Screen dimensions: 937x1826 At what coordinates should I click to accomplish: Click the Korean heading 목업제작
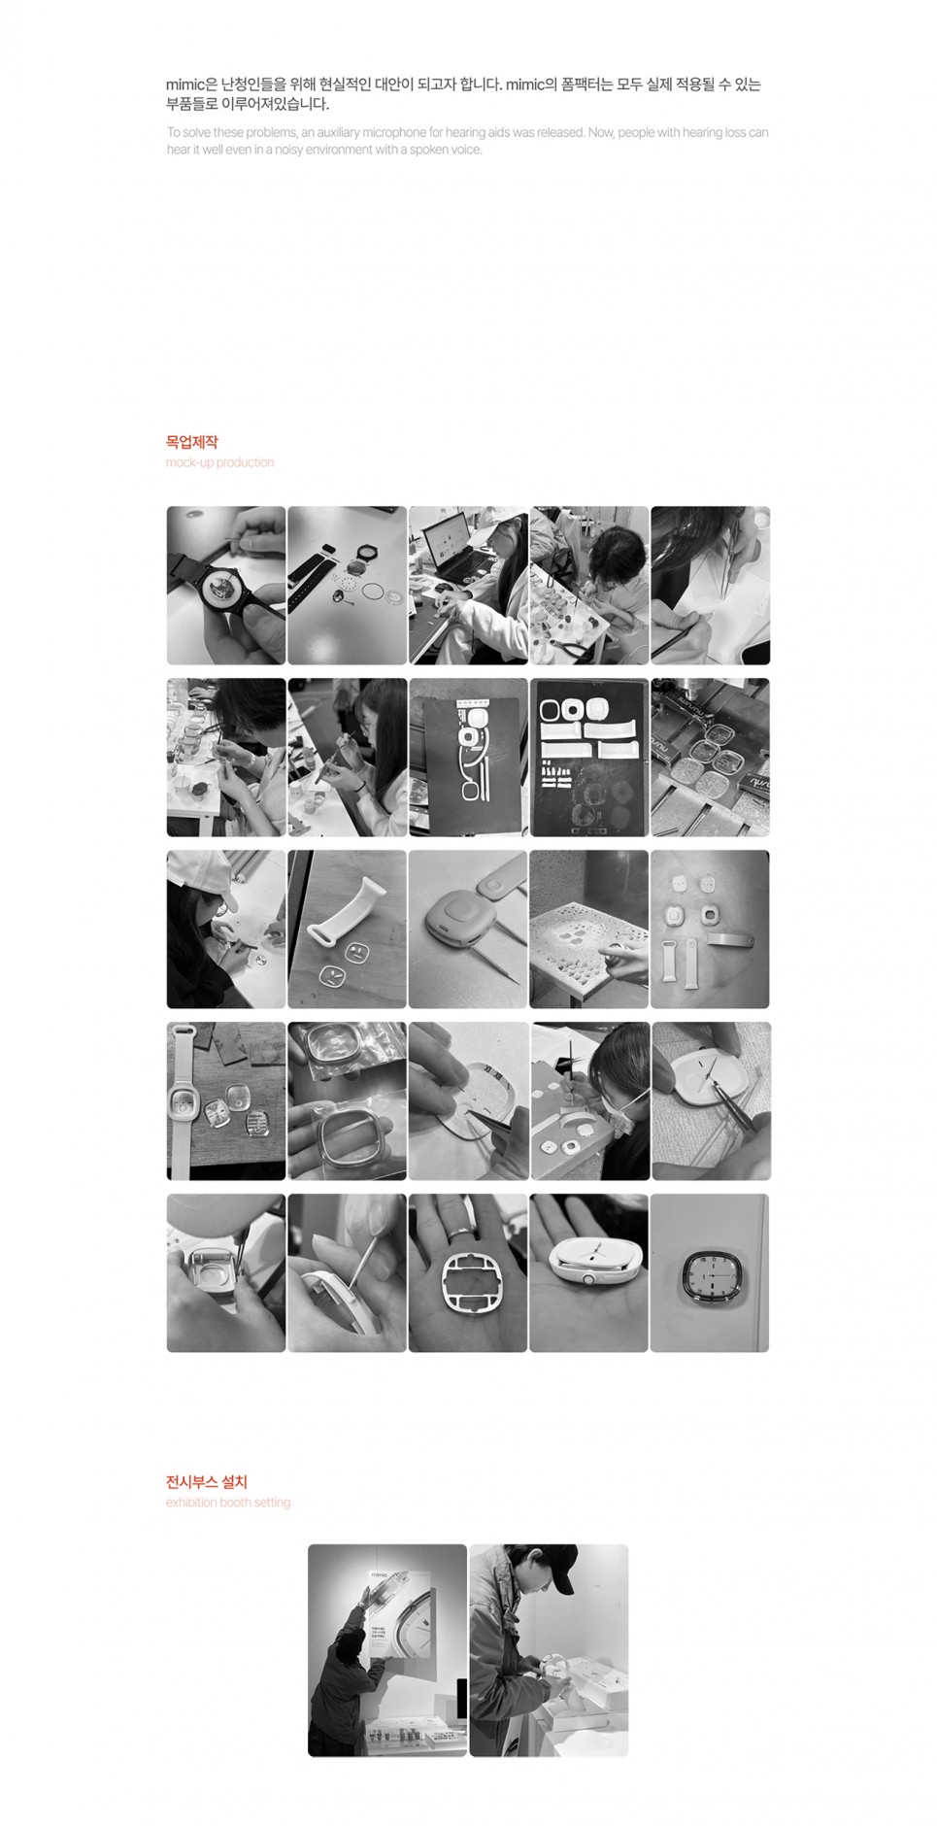pyautogui.click(x=192, y=442)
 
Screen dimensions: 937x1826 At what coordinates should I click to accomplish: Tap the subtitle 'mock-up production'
pyautogui.click(x=219, y=462)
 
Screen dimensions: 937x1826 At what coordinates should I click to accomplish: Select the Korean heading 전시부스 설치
pyautogui.click(x=207, y=1481)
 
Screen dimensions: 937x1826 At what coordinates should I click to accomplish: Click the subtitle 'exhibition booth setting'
pyautogui.click(x=228, y=1502)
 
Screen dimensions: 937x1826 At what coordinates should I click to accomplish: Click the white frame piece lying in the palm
pyautogui.click(x=467, y=1289)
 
